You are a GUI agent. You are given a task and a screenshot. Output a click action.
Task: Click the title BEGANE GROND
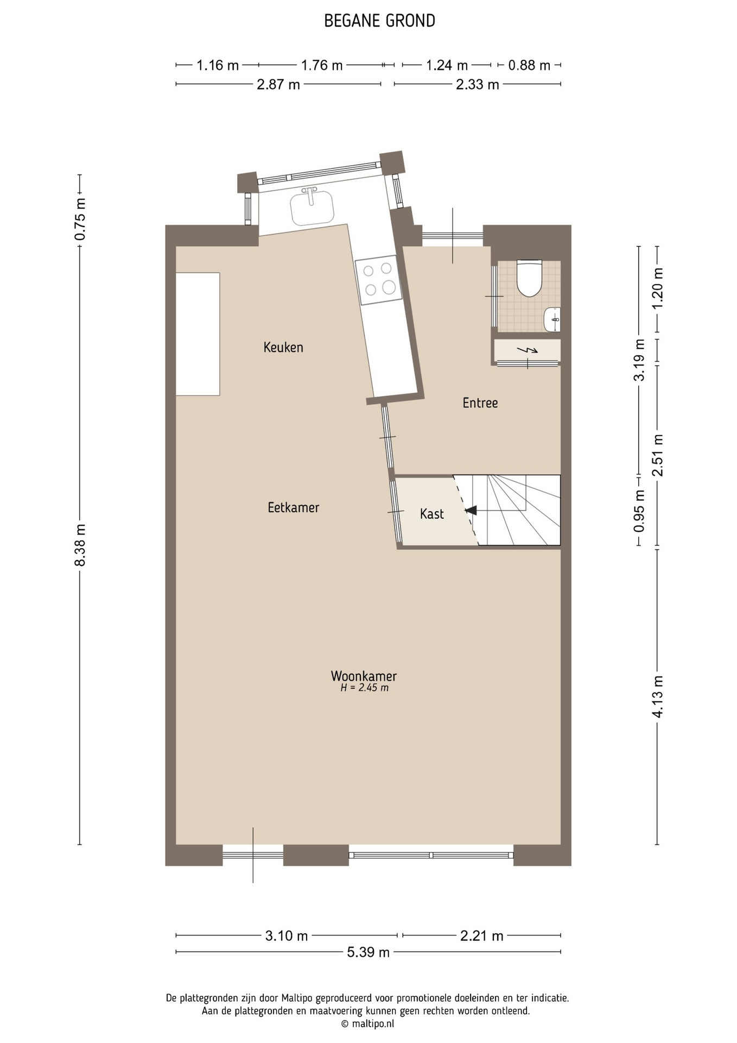tap(379, 21)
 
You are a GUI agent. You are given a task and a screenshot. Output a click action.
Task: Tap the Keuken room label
tap(283, 347)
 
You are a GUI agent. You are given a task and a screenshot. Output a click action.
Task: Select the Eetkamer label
tap(293, 507)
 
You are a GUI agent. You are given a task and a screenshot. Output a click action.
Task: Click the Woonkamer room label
tap(364, 676)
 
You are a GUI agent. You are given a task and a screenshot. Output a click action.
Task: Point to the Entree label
tap(480, 403)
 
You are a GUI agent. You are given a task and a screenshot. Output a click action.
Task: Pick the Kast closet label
tap(432, 514)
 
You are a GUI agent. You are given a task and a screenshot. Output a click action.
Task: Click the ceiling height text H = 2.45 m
tap(364, 688)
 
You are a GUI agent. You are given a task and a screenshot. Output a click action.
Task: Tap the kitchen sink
tap(312, 206)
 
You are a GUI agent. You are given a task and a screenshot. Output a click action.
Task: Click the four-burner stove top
tap(379, 279)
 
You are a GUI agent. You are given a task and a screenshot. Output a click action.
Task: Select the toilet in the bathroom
tap(529, 278)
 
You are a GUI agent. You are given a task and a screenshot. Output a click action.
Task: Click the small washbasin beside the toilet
tap(552, 319)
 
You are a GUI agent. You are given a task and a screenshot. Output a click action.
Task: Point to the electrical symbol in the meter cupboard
tap(527, 350)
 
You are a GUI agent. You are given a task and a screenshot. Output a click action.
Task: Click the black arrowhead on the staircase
tap(471, 510)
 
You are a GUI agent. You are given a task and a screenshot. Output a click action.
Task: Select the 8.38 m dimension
tap(80, 545)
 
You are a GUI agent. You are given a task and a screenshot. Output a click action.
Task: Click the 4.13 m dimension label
tap(657, 696)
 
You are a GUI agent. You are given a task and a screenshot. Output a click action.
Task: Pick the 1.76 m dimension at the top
tap(322, 65)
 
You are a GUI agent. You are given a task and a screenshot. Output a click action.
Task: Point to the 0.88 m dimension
tap(529, 65)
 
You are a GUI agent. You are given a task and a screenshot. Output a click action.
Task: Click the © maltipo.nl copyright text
tap(367, 1023)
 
